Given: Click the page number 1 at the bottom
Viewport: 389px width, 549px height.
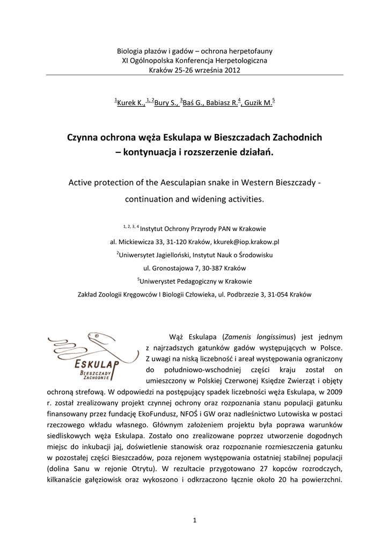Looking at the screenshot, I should [195, 519].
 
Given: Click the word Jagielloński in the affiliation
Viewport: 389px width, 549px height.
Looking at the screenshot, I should [172, 255].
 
